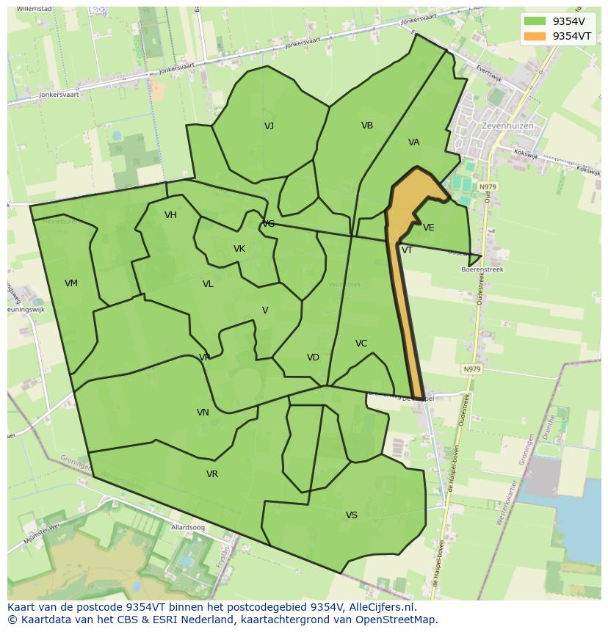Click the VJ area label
[269, 126]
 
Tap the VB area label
[367, 126]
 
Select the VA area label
[414, 142]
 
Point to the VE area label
[429, 228]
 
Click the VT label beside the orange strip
[407, 250]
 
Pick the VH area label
[170, 215]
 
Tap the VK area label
[239, 249]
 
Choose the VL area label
[208, 284]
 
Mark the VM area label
[71, 283]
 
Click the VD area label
[313, 357]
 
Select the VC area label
[361, 344]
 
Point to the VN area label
[203, 413]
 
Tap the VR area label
[212, 474]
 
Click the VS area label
[352, 515]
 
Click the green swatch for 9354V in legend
[535, 21]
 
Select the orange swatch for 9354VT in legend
[535, 36]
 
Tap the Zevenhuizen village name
[507, 126]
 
